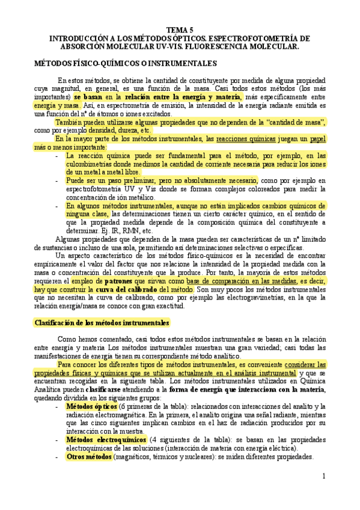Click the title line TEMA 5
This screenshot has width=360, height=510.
coord(180,29)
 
